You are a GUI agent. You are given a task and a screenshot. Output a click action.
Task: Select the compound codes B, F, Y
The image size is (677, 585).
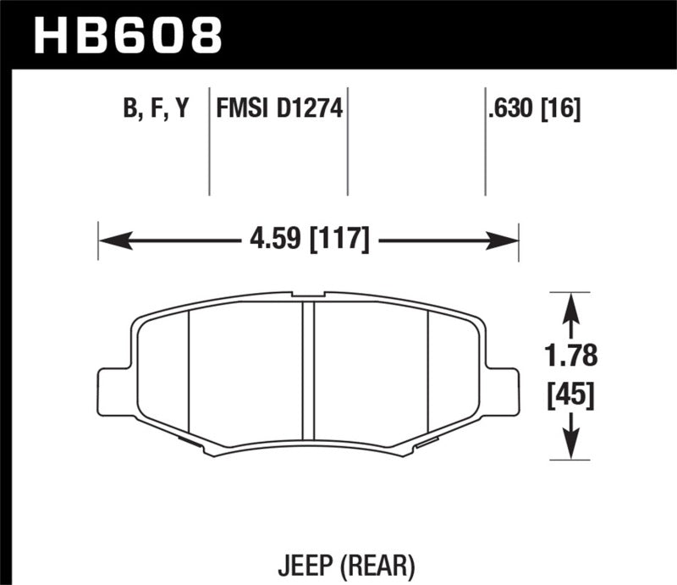(157, 109)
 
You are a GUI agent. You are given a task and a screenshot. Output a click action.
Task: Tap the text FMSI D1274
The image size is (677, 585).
(279, 109)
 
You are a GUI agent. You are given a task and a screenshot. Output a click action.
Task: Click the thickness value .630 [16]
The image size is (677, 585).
(532, 109)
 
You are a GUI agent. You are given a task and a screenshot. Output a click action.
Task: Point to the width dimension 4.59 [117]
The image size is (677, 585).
(308, 241)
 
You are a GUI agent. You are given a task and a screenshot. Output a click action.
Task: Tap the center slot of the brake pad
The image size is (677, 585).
(309, 373)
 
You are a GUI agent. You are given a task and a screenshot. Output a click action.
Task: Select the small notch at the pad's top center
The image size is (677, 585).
(309, 295)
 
